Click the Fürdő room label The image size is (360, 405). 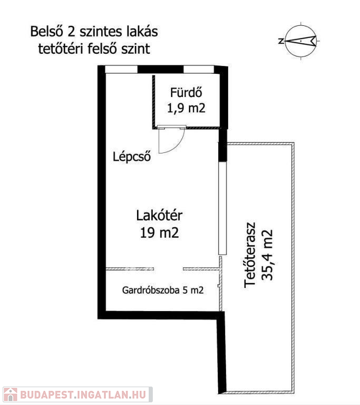tap(186, 92)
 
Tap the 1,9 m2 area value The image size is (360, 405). tap(186, 108)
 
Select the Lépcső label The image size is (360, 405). tap(132, 157)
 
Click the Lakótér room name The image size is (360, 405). tap(159, 215)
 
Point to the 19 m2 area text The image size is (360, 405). tap(159, 233)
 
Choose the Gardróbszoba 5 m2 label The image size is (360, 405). tap(163, 290)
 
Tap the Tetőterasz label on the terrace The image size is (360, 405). tap(250, 255)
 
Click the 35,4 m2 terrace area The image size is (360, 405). tap(267, 255)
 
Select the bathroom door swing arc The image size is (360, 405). tap(178, 146)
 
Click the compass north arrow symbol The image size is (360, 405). tap(301, 41)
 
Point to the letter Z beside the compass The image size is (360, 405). tap(281, 41)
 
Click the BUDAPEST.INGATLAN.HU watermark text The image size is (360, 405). tap(83, 394)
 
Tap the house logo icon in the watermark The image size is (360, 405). tap(11, 394)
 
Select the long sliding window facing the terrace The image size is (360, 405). tap(222, 208)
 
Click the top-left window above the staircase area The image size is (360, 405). tap(121, 70)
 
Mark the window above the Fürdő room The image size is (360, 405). tap(199, 70)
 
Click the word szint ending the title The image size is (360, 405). tap(136, 49)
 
